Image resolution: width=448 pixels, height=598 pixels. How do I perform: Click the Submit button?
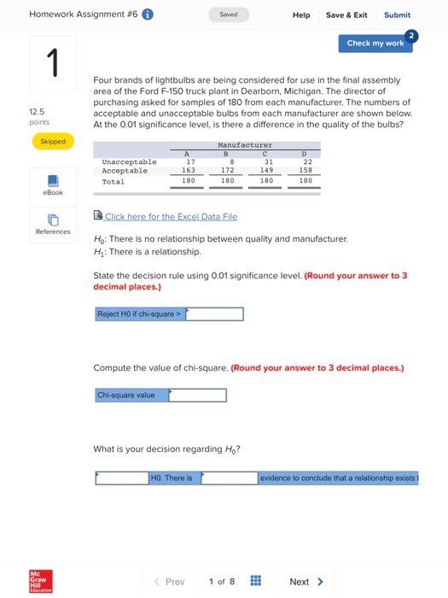[x=397, y=15]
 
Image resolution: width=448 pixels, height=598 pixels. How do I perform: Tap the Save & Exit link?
[x=346, y=15]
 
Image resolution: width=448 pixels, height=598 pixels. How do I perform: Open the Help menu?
[x=301, y=15]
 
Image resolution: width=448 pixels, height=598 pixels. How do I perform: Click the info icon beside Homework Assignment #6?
[x=148, y=15]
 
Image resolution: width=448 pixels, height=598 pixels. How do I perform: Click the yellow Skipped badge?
[x=53, y=141]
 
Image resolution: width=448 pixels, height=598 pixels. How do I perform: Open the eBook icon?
[x=53, y=181]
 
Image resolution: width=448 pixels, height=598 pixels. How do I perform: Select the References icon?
[x=53, y=220]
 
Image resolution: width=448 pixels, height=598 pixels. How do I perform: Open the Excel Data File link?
[x=171, y=217]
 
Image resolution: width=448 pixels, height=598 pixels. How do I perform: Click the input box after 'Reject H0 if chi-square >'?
[x=214, y=314]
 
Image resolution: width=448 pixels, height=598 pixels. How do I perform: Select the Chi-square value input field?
[x=198, y=396]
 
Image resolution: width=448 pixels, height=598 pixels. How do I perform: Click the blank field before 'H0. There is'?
[x=121, y=478]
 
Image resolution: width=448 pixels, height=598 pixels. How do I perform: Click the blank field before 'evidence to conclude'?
[x=230, y=478]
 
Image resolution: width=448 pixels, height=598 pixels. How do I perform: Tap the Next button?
[x=306, y=582]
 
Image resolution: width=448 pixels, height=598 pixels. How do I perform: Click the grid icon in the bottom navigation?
[x=255, y=582]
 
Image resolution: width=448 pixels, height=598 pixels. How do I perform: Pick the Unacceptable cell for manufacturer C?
[x=268, y=161]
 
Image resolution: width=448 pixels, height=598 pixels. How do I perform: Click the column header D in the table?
[x=304, y=154]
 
